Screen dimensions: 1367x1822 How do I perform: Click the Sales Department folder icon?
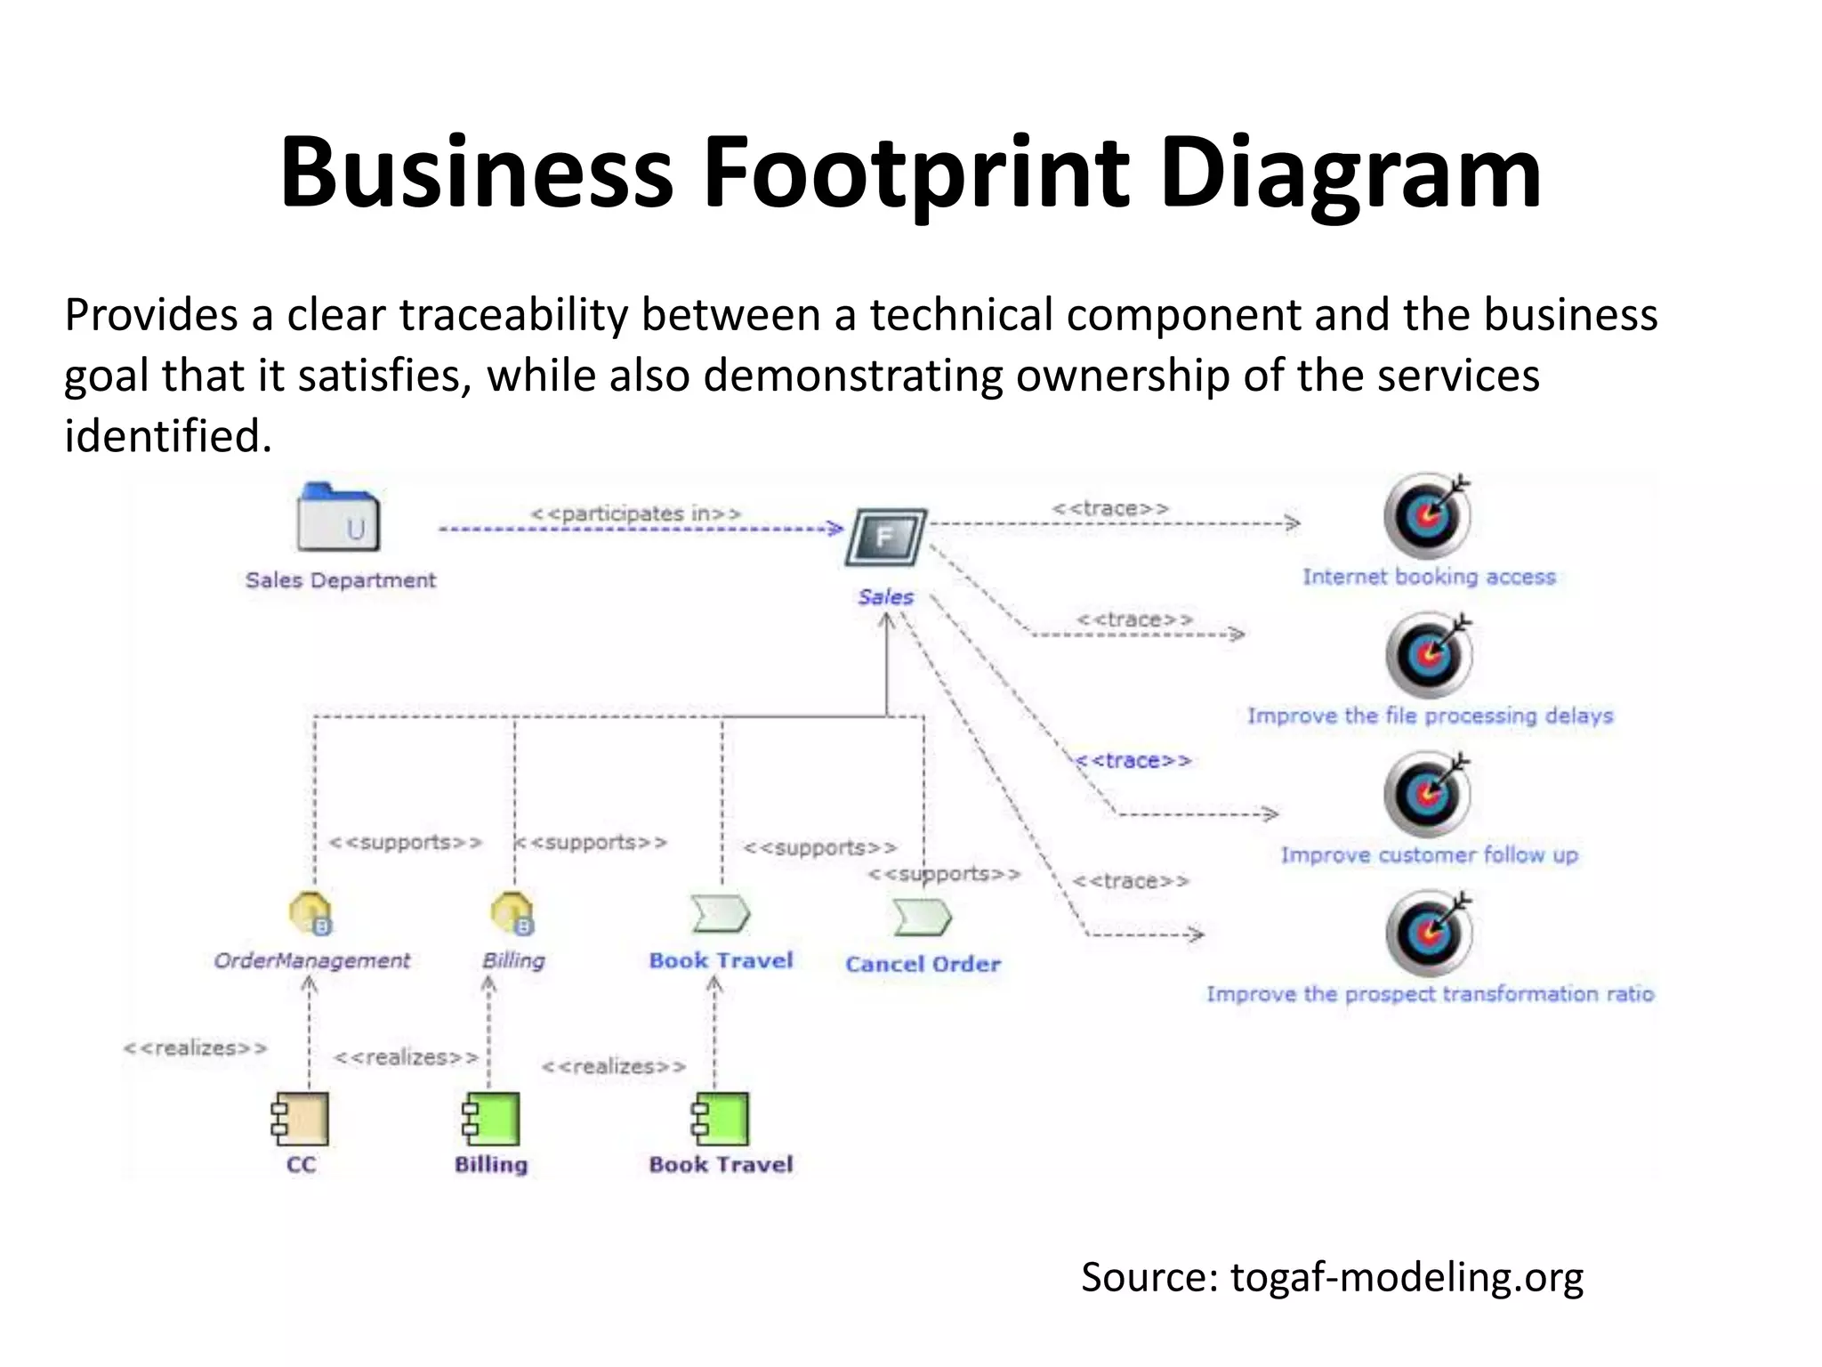pos(338,519)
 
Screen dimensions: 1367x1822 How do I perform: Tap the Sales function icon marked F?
pos(885,537)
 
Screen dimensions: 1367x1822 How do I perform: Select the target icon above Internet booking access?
pos(1427,516)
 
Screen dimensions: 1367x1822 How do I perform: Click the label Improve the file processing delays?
pos(1430,716)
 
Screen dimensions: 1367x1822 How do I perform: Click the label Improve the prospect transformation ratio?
pos(1430,994)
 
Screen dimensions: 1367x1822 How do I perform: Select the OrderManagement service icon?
pos(310,913)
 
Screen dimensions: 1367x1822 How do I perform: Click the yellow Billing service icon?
pos(512,913)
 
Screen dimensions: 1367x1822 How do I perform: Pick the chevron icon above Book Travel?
pos(721,914)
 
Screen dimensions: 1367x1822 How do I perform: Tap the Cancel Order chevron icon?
pos(922,917)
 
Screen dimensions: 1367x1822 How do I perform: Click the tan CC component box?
pos(302,1119)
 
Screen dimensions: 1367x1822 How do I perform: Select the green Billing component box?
pos(491,1119)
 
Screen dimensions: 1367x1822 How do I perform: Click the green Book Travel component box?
pos(722,1119)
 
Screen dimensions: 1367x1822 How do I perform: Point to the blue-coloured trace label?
pos(1133,761)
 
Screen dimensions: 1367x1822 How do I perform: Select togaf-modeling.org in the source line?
pos(1407,1276)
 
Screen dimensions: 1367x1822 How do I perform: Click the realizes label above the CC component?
pos(195,1048)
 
